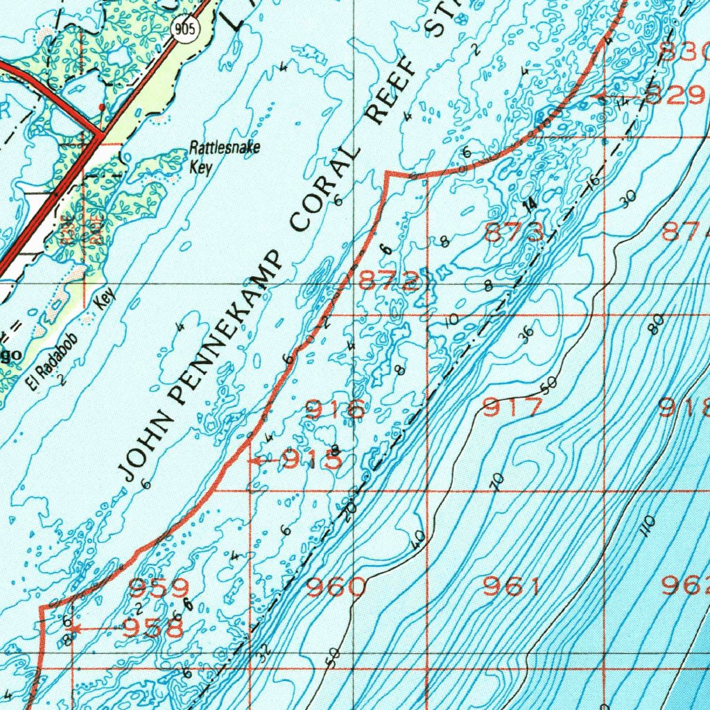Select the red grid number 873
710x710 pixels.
(514, 233)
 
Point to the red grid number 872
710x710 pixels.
(388, 281)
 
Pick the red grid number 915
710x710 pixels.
(311, 459)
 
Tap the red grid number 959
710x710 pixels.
(159, 588)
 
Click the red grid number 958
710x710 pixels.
(153, 629)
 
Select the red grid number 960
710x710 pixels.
(336, 588)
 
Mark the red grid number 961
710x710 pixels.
(512, 587)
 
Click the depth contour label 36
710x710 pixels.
(526, 334)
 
